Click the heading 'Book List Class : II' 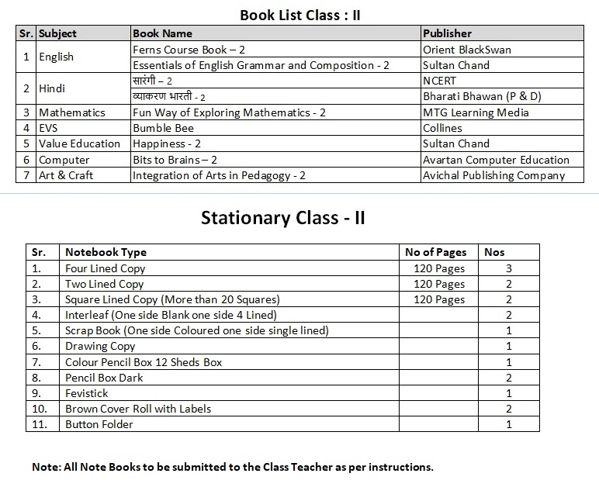tap(299, 15)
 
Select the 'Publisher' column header tap(447, 33)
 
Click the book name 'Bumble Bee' tap(163, 128)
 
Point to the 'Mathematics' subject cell tap(72, 112)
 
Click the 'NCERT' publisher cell tap(439, 81)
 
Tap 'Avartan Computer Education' tap(496, 160)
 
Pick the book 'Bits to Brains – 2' tap(175, 160)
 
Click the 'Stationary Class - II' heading tap(282, 217)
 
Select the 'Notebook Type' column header tap(106, 252)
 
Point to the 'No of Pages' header tap(436, 252)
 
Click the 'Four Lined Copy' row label tap(105, 268)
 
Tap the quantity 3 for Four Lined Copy tap(509, 268)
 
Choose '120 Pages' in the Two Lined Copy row tap(439, 284)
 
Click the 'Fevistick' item tap(86, 393)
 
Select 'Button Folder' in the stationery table tap(99, 424)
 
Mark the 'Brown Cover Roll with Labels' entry tap(137, 409)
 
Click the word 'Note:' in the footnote tap(46, 467)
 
